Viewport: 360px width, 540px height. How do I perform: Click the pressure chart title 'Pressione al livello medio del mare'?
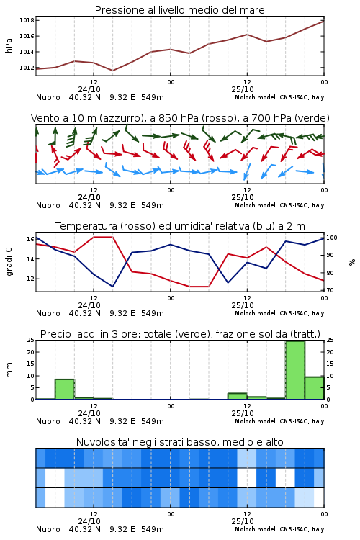[179, 10]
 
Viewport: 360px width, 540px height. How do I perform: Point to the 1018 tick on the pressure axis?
[27, 20]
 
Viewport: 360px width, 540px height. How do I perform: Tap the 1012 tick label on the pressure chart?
[27, 68]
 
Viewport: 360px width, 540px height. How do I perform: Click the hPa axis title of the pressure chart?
[9, 45]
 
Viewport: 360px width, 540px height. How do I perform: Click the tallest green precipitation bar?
[295, 370]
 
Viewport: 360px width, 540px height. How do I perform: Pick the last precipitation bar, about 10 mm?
[314, 388]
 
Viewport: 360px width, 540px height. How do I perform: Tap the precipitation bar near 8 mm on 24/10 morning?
[65, 389]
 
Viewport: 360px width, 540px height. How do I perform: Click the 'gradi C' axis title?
[9, 262]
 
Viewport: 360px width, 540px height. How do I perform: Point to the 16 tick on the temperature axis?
[30, 239]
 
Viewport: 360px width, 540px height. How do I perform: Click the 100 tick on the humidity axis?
[332, 238]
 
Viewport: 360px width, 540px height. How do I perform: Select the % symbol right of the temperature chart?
[352, 262]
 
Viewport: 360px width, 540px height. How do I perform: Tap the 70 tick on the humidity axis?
[330, 290]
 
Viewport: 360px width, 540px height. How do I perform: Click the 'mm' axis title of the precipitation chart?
[9, 370]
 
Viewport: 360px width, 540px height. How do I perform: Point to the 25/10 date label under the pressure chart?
[243, 89]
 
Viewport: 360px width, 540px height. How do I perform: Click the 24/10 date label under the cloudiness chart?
[89, 521]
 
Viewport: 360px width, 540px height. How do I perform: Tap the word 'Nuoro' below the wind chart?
[48, 206]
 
